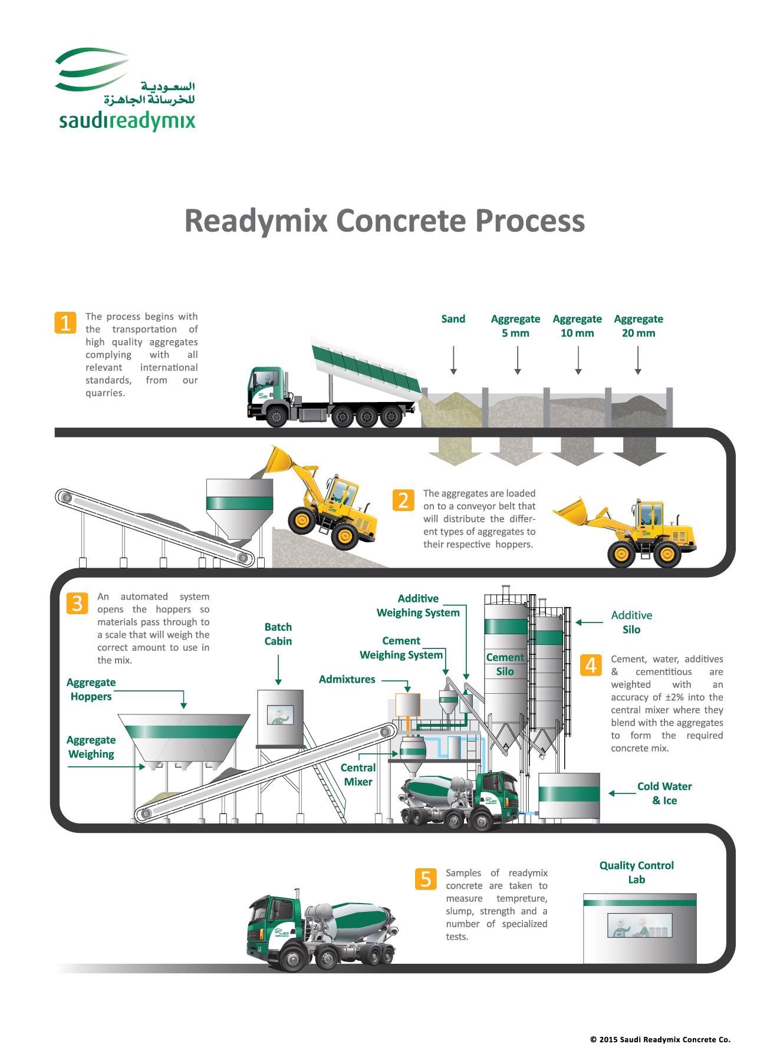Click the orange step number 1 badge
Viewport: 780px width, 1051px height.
[65, 322]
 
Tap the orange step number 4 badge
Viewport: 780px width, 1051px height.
[591, 665]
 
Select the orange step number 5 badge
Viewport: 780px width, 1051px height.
[426, 879]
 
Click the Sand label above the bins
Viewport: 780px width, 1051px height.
[453, 319]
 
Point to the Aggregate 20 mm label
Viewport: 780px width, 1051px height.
[639, 326]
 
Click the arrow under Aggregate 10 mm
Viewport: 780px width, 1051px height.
[578, 360]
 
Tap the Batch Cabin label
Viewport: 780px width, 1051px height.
[278, 634]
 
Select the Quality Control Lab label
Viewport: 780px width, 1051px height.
[637, 872]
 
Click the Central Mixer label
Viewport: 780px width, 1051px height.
[358, 775]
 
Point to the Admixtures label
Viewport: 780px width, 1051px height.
[347, 679]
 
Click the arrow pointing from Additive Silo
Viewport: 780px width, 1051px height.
[590, 622]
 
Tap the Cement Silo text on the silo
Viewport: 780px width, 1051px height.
[505, 664]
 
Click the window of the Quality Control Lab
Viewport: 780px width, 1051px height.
[640, 925]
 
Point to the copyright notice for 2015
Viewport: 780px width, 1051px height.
[660, 1040]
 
